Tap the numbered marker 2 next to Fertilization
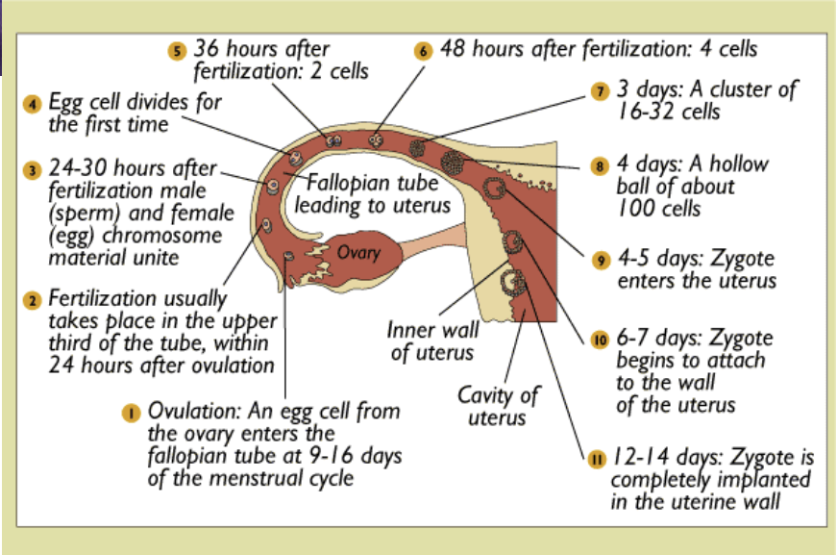pos(33,300)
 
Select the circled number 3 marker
pos(33,169)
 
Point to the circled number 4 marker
pos(33,103)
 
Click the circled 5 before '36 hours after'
pos(175,51)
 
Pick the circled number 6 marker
pos(423,51)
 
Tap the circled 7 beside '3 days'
pos(599,91)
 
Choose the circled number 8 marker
pos(601,164)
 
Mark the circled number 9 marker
pos(601,260)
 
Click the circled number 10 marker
pos(601,339)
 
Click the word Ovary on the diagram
pos(359,253)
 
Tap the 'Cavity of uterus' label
pos(497,406)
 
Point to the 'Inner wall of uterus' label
pos(433,341)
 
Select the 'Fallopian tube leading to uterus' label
pos(372,193)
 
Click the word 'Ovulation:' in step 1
pos(187,413)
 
